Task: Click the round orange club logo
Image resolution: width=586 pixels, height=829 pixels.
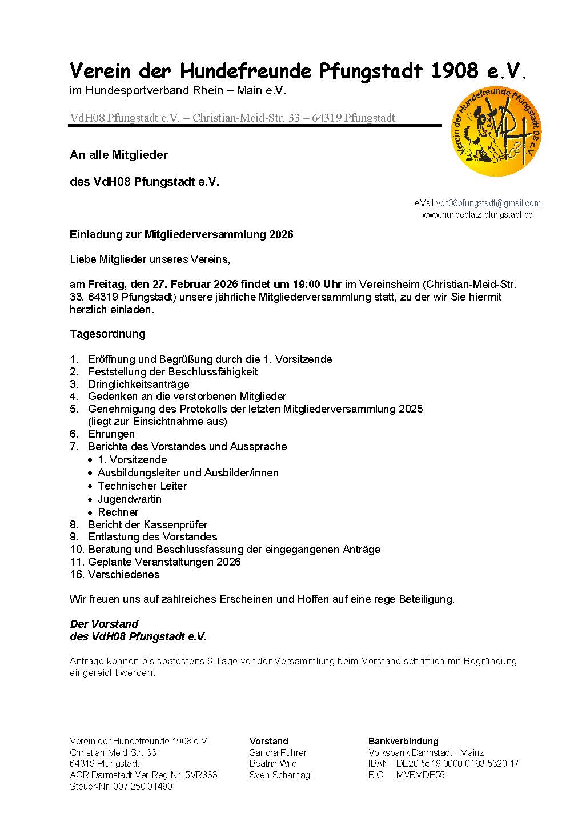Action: point(496,131)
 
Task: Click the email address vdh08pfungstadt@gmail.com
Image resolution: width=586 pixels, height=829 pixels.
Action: point(488,203)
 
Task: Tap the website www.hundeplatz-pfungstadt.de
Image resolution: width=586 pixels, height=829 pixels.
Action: point(477,215)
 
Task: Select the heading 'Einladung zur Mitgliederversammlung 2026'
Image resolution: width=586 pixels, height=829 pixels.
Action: point(181,235)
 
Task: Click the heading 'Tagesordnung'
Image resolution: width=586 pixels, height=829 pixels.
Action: point(107,334)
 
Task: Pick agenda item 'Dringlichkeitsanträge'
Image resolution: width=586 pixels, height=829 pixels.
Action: point(138,384)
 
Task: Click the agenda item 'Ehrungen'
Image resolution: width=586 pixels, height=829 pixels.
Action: point(111,434)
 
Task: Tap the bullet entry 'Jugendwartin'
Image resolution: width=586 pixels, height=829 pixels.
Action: point(129,499)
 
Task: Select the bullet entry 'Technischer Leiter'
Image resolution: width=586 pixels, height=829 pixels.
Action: point(142,486)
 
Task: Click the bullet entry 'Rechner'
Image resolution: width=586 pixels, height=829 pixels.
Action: point(118,512)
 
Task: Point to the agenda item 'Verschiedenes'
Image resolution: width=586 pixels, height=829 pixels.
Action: point(123,575)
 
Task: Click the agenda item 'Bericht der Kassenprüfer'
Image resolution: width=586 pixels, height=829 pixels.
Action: point(147,524)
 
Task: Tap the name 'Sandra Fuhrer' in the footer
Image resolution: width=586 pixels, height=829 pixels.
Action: point(278,752)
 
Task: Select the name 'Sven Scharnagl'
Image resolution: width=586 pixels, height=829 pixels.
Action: point(280,775)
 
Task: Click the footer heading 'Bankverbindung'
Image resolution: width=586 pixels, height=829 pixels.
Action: point(403,742)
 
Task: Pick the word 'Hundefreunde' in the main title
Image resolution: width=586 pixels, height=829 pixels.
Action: point(246,71)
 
